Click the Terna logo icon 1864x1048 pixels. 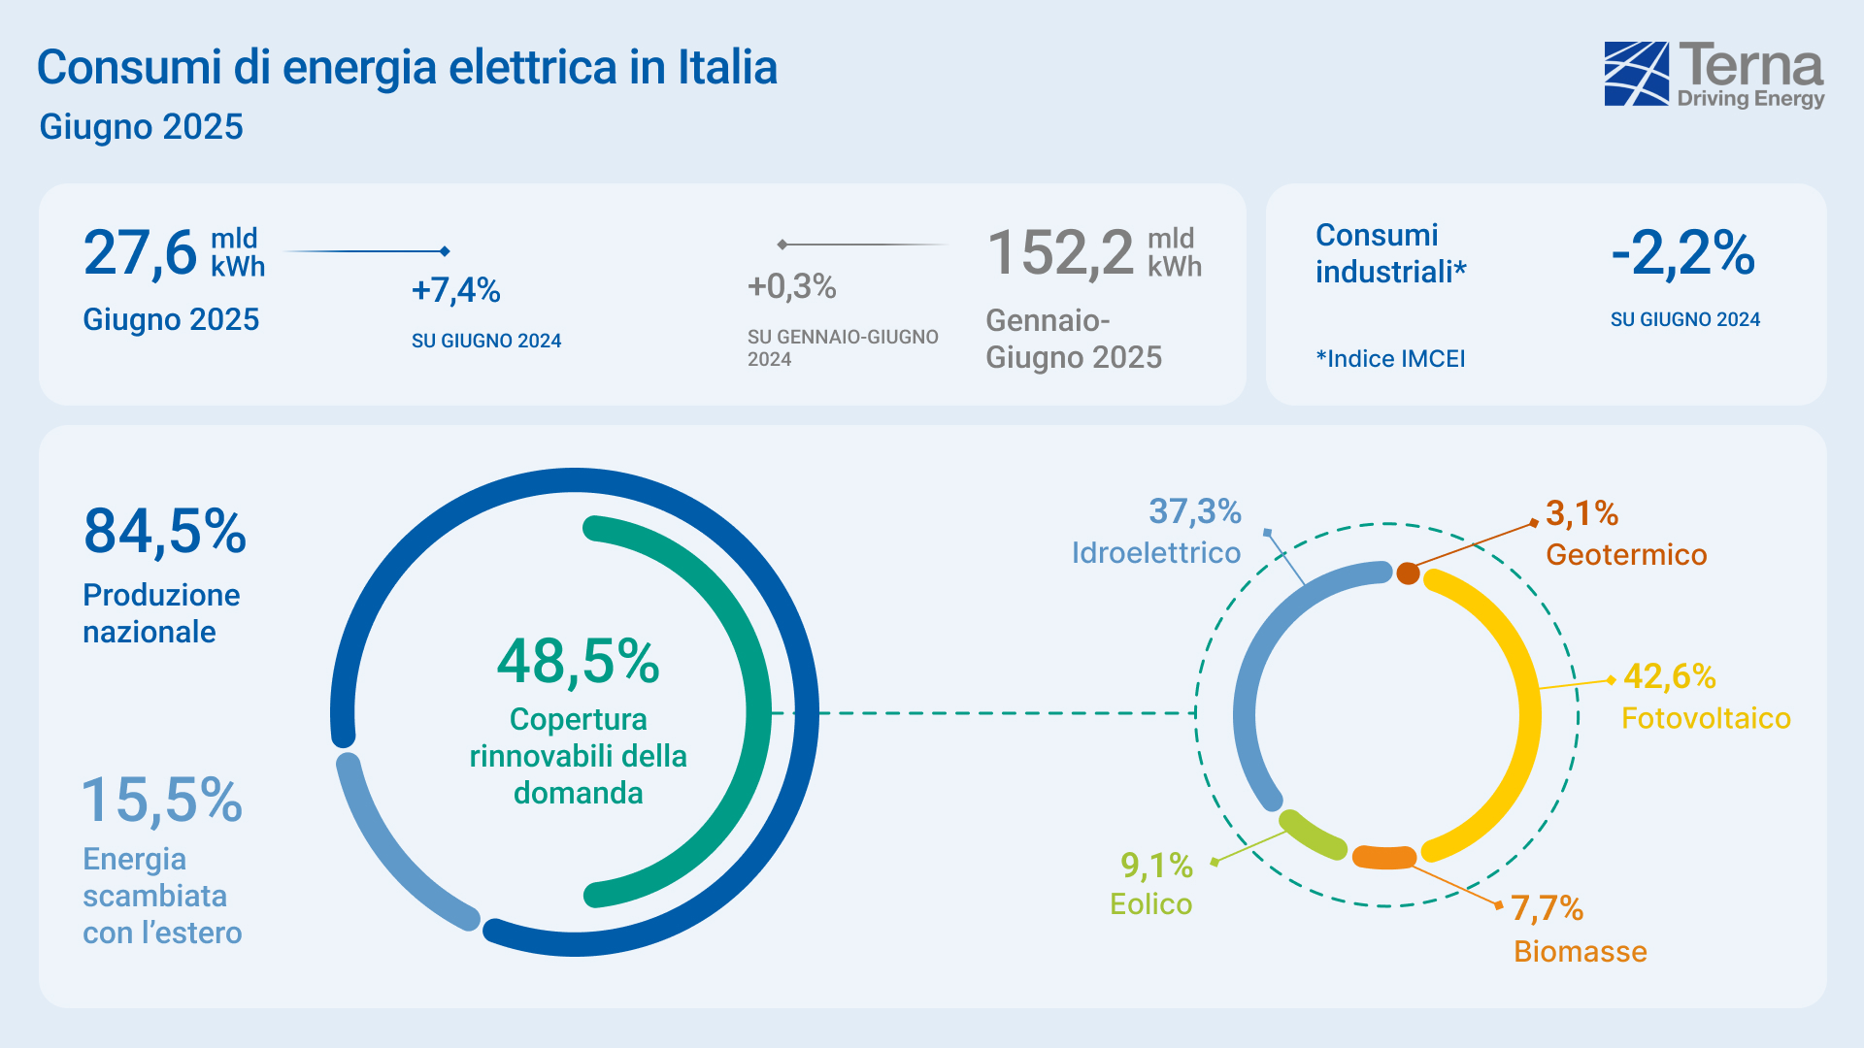(1637, 73)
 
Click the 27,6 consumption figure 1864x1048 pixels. (140, 253)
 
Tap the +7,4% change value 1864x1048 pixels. (455, 290)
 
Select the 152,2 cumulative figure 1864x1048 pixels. (1060, 253)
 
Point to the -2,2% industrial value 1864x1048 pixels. (1682, 253)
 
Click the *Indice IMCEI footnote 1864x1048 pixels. (1390, 359)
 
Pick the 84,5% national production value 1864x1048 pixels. (165, 532)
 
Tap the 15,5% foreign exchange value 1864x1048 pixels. (162, 801)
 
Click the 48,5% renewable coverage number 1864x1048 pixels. (578, 662)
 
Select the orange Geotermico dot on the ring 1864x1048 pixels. (1408, 573)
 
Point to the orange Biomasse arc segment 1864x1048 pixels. (1384, 858)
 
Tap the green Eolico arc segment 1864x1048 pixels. (1312, 835)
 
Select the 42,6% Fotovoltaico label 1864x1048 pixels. (1669, 676)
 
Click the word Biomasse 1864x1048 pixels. (1580, 952)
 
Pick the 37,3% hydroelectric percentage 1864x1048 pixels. (1194, 511)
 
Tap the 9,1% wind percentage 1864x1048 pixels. (1155, 865)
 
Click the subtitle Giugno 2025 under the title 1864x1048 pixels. (141, 127)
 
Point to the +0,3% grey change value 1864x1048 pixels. (791, 286)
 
